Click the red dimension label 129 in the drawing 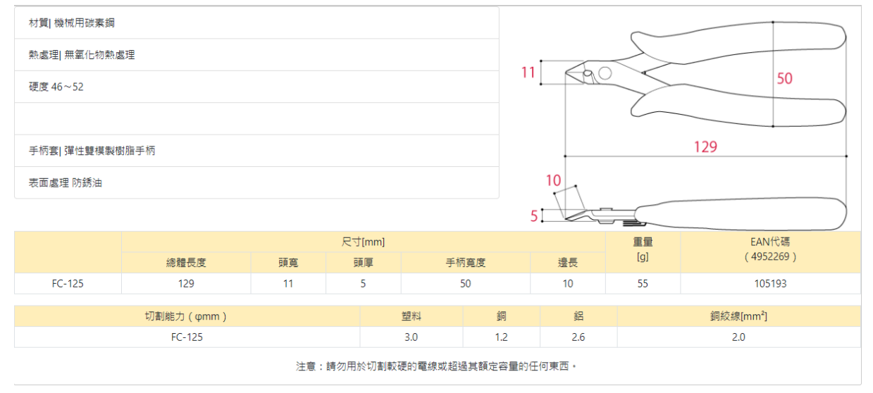pyautogui.click(x=705, y=146)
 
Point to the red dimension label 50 pyautogui.click(x=784, y=78)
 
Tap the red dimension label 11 pyautogui.click(x=528, y=72)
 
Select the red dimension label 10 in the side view pyautogui.click(x=554, y=180)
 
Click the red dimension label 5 pyautogui.click(x=534, y=216)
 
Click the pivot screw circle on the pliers pyautogui.click(x=605, y=72)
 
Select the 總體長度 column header pyautogui.click(x=186, y=263)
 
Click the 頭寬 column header pyautogui.click(x=288, y=263)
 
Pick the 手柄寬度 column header pyautogui.click(x=465, y=263)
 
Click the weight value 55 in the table pyautogui.click(x=643, y=284)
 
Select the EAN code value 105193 pyautogui.click(x=770, y=284)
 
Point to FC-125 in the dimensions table pyautogui.click(x=68, y=284)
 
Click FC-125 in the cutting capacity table pyautogui.click(x=187, y=337)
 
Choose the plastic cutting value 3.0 pyautogui.click(x=411, y=337)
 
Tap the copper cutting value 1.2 pyautogui.click(x=501, y=337)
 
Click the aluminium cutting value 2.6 pyautogui.click(x=578, y=337)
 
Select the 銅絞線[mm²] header pyautogui.click(x=738, y=316)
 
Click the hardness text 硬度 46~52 pyautogui.click(x=56, y=87)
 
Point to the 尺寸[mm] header pyautogui.click(x=363, y=242)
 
